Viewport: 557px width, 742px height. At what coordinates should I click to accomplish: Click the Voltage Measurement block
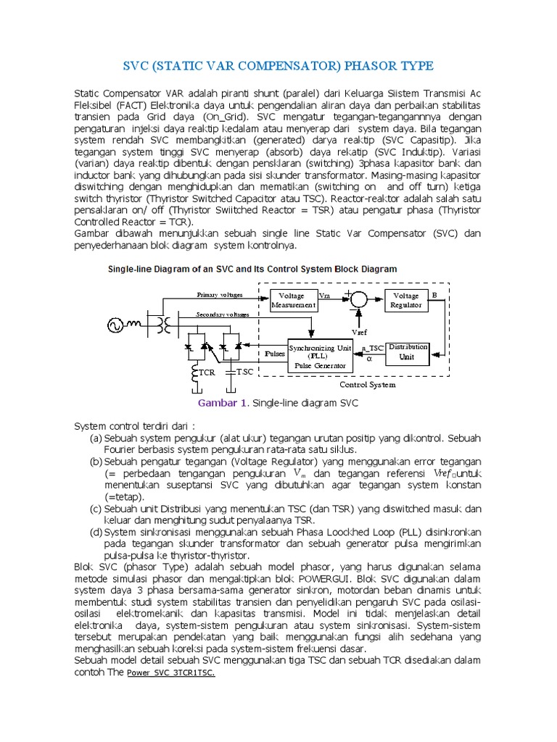293,300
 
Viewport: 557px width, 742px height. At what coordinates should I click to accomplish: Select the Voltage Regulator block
405,300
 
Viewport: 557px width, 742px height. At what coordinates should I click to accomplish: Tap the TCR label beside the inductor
208,372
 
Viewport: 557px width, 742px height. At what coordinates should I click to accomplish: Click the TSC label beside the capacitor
245,372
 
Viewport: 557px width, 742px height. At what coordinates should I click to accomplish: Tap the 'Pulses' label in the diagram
275,354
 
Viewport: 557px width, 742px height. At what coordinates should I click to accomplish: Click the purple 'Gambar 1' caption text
223,402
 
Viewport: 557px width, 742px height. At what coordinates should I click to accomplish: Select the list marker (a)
96,438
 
